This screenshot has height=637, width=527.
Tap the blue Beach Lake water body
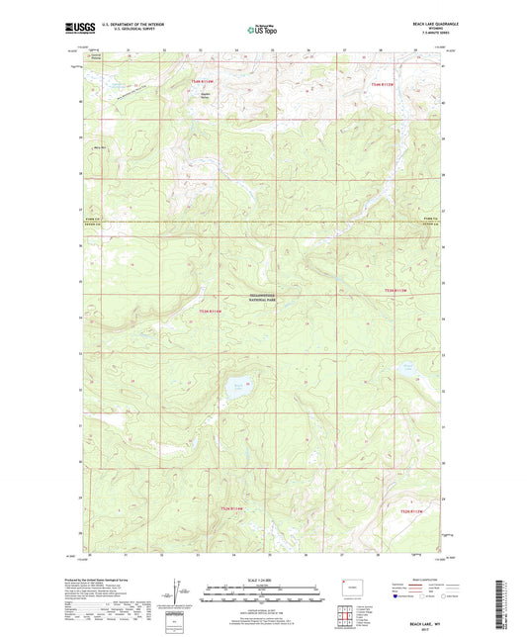(237, 385)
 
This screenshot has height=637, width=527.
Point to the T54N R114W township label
(203, 79)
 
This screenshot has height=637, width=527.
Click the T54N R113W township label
(381, 86)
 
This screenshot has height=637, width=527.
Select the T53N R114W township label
(212, 312)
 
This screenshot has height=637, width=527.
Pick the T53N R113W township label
(395, 290)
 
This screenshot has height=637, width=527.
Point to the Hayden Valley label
(206, 98)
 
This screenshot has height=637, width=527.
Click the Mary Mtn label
(98, 148)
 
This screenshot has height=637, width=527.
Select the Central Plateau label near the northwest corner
(96, 57)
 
